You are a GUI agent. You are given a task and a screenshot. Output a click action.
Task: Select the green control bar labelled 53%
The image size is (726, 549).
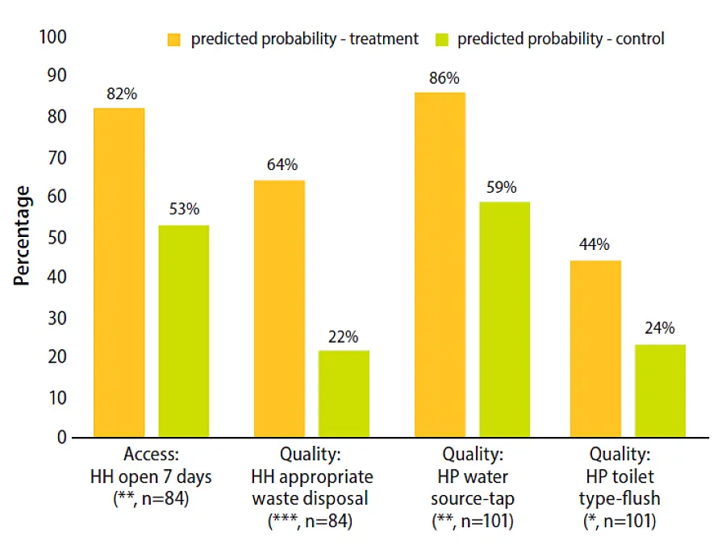point(183,331)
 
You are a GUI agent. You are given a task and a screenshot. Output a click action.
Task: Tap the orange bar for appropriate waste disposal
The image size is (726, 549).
point(279,309)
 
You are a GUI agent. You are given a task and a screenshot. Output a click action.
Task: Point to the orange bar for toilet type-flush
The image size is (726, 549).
point(596,349)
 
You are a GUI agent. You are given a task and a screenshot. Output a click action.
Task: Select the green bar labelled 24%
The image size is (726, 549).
point(660,391)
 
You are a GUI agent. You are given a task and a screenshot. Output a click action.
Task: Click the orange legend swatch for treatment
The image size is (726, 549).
point(173,39)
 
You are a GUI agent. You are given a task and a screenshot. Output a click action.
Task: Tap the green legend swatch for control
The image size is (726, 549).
point(441,39)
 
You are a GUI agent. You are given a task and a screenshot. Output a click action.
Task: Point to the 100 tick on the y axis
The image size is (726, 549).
point(52,37)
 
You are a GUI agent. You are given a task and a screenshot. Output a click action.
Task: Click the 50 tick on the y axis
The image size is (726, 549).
point(56,237)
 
